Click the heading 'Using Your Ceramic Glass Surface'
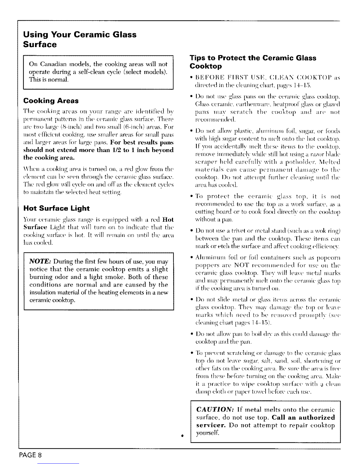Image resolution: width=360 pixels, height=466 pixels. [x=80, y=39]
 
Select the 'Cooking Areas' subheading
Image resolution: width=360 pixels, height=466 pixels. [x=51, y=101]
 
